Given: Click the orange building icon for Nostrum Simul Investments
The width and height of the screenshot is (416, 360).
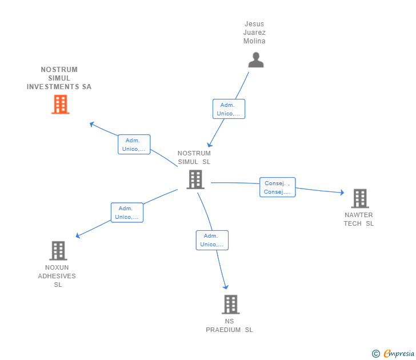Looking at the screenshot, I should pos(60,105).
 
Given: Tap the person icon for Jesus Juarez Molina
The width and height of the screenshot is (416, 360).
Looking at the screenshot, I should pos(256,60).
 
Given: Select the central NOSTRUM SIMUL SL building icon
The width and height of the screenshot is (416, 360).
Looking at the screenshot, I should pos(195,179).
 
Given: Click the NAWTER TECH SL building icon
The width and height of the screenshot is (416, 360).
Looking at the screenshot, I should pos(359,198).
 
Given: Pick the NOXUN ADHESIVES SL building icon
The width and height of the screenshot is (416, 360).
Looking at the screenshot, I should pos(58,250).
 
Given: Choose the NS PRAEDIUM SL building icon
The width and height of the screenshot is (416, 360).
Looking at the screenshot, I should pos(230,304).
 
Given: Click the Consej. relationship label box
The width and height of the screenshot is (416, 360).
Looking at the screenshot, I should pos(278,187).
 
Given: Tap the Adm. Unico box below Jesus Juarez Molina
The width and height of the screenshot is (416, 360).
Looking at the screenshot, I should pos(229,109).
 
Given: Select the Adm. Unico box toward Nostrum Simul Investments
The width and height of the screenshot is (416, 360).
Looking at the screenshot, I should pos(134,145).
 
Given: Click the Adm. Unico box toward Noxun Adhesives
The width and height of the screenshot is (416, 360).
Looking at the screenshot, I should pos(127,213).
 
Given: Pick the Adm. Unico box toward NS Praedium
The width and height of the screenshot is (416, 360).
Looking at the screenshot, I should pos(212,240).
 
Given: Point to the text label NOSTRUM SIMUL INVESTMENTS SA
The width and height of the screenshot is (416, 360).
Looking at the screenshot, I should pos(59,78).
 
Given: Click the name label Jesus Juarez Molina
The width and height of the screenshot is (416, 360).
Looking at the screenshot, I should pos(254,33).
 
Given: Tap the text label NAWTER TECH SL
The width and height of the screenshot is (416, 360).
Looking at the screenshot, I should pos(358,219).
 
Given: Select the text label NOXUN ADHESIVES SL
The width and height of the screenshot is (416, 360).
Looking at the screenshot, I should pos(57,276).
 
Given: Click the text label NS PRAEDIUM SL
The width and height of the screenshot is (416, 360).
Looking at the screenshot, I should pos(229,326).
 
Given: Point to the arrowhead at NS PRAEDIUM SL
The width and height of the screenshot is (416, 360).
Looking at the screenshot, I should pos(226,287).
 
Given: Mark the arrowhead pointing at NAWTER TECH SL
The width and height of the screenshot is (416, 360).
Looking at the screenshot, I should pos(342,192).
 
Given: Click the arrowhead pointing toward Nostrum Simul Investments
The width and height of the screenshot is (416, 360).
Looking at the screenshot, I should pos(92,123).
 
